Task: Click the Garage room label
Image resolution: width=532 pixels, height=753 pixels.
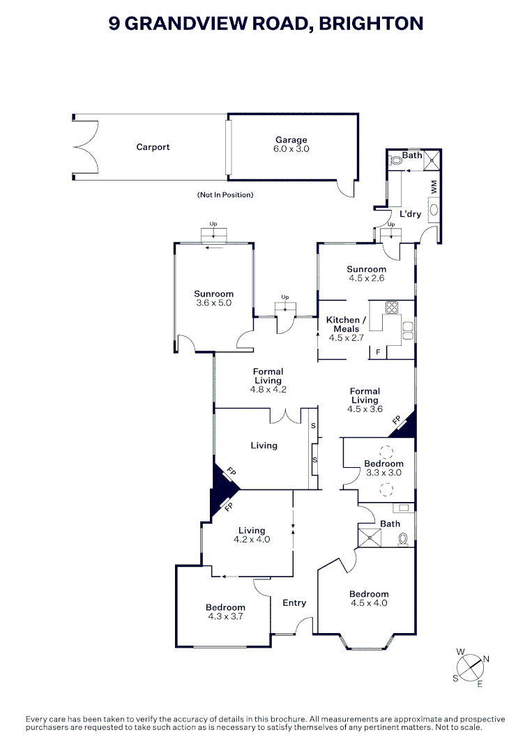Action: [291, 139]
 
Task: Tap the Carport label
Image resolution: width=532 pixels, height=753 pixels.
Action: [153, 147]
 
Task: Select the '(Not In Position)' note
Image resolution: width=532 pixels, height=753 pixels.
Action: [225, 195]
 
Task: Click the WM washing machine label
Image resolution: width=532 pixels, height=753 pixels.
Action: [434, 187]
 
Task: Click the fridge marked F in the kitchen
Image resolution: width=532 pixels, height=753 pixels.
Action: [378, 352]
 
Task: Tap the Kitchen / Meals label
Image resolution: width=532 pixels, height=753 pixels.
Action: [347, 324]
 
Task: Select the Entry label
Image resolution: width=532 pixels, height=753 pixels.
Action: [294, 602]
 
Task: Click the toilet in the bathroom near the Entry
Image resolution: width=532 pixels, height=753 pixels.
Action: [403, 540]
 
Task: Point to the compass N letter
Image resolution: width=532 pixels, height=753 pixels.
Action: [486, 659]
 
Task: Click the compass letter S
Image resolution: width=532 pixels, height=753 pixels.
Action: [456, 678]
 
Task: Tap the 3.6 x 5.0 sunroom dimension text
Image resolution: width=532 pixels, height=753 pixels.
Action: [213, 303]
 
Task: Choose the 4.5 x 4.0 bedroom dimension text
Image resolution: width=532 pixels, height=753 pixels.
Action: [369, 603]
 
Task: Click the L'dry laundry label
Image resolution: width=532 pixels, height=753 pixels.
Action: [410, 214]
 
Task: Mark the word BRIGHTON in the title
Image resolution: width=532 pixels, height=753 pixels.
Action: [371, 23]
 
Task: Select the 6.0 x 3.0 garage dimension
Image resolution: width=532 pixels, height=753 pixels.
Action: [291, 149]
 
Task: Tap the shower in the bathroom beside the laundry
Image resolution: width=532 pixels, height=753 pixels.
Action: [432, 160]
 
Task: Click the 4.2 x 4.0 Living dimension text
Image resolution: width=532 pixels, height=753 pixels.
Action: [252, 539]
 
